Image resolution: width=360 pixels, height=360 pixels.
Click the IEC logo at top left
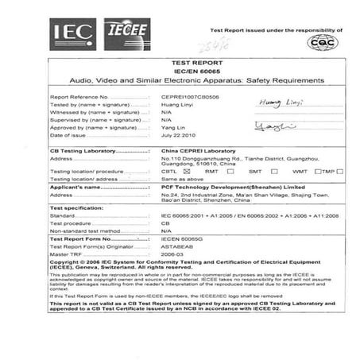pos(73,31)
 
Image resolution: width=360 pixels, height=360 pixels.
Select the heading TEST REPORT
pos(179,61)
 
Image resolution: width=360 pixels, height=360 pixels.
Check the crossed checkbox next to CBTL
pos(185,171)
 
